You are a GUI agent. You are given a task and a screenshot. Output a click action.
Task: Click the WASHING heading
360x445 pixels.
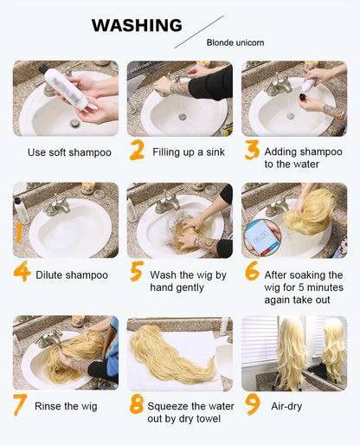(137, 25)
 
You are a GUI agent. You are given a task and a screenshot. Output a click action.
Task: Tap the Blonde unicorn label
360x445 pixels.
(235, 42)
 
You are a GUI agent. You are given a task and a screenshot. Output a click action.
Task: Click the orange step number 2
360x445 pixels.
(136, 152)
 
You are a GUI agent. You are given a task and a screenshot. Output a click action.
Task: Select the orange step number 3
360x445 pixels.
(252, 152)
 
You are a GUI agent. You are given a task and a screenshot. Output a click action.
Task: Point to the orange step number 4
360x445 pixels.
(22, 273)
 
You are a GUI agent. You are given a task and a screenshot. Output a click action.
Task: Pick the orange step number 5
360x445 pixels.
(136, 273)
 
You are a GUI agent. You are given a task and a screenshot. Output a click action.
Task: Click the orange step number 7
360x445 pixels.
(21, 404)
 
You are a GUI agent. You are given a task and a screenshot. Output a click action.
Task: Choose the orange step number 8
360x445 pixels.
(136, 404)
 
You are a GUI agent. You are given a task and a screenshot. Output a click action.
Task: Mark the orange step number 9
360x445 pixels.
(252, 404)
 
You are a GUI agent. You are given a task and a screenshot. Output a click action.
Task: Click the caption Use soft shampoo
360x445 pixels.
(69, 153)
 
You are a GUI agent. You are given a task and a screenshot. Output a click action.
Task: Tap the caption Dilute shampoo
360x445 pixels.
(72, 275)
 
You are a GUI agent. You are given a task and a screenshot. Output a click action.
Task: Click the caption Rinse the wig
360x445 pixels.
(66, 405)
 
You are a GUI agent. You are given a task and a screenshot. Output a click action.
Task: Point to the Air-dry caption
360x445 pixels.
(286, 405)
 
